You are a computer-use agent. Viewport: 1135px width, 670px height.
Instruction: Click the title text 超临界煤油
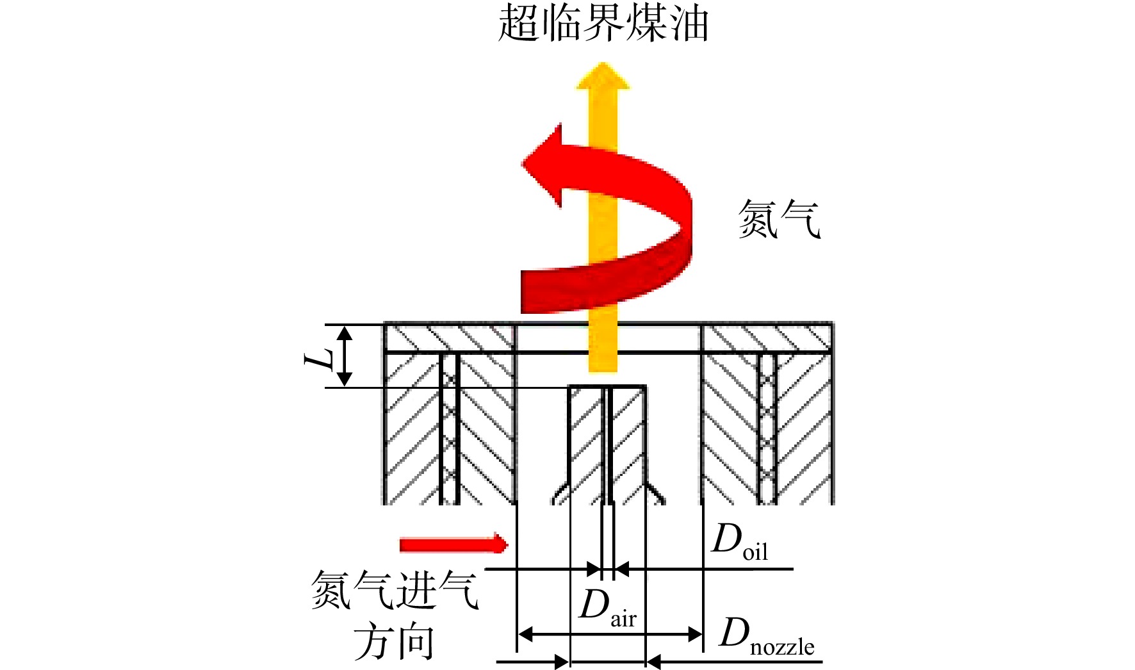point(603,23)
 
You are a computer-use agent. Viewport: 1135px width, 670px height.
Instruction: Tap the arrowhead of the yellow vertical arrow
point(603,75)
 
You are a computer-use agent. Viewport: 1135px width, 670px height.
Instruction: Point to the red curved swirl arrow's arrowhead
point(543,165)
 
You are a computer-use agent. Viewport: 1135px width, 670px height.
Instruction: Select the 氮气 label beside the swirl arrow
point(779,219)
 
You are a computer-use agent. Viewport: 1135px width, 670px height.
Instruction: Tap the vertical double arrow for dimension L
point(345,356)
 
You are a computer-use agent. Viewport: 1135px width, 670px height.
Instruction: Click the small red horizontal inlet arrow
point(453,544)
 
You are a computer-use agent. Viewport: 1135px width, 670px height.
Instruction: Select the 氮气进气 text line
point(395,589)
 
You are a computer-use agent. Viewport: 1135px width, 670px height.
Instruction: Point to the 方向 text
point(395,642)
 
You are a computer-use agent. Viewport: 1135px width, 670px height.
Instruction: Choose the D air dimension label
point(607,608)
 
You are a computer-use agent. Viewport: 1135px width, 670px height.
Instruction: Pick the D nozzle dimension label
point(767,636)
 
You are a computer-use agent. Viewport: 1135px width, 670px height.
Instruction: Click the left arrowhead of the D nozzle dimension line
point(525,635)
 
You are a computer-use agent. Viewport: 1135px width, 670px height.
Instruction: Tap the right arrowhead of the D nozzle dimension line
point(695,635)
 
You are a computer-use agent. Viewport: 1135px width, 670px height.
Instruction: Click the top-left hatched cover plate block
point(450,338)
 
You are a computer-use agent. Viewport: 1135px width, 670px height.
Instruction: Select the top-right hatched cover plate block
point(767,338)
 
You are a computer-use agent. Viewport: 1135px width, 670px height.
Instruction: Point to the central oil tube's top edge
point(607,386)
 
